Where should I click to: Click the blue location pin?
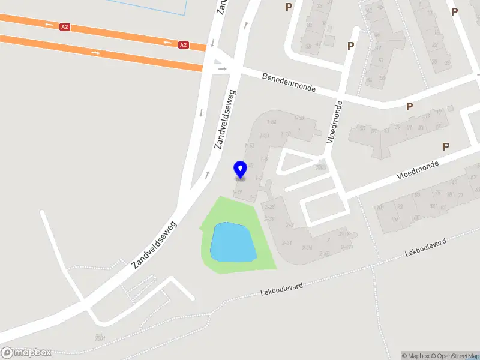(x=240, y=170)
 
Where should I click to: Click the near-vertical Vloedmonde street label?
(x=334, y=122)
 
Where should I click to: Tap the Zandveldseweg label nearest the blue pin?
(x=226, y=119)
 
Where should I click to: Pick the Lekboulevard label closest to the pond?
(x=282, y=290)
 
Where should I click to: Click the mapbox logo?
(x=26, y=353)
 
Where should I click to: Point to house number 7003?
(x=320, y=167)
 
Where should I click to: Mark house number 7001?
(x=100, y=338)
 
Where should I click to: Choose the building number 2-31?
(x=287, y=242)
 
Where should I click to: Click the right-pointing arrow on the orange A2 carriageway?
(x=96, y=52)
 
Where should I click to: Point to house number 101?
(x=380, y=208)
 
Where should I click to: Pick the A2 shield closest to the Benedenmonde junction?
(x=184, y=44)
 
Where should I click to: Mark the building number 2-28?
(x=269, y=206)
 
